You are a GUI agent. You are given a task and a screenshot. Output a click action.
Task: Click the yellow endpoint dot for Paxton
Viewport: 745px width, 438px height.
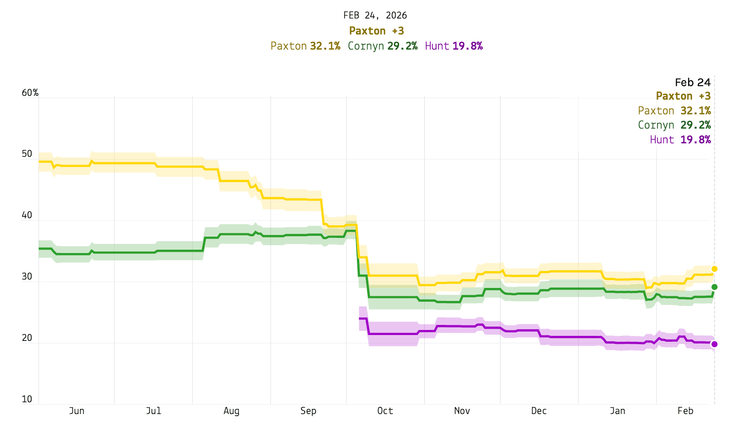[714, 269]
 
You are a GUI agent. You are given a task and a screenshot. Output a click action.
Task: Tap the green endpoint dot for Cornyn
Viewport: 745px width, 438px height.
[714, 287]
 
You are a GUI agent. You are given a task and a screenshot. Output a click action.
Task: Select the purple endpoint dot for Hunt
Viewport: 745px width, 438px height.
[714, 344]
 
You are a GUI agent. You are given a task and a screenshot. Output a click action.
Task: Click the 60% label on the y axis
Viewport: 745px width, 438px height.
[30, 93]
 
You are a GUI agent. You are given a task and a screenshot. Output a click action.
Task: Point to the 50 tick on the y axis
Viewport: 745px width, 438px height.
[27, 154]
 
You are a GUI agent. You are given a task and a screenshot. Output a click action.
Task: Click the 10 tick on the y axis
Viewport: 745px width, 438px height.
[27, 399]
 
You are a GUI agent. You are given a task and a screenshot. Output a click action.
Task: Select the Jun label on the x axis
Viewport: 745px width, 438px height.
[77, 411]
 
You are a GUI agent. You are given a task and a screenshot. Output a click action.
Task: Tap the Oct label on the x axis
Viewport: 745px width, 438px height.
[385, 411]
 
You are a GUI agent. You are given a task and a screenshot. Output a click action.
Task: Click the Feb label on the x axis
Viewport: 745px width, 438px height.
[685, 411]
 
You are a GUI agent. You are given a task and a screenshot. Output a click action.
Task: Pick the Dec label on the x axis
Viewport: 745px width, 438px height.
[539, 411]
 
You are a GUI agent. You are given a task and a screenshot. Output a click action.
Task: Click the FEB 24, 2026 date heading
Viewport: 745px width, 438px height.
[375, 16]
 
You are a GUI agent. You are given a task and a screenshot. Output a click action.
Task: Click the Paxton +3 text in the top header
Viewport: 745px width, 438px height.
[376, 31]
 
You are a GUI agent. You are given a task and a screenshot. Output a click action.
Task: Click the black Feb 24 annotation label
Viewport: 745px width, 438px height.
[692, 82]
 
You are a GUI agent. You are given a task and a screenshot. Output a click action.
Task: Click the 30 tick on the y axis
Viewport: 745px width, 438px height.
[27, 277]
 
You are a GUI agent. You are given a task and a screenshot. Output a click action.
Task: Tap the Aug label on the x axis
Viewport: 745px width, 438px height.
[231, 411]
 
